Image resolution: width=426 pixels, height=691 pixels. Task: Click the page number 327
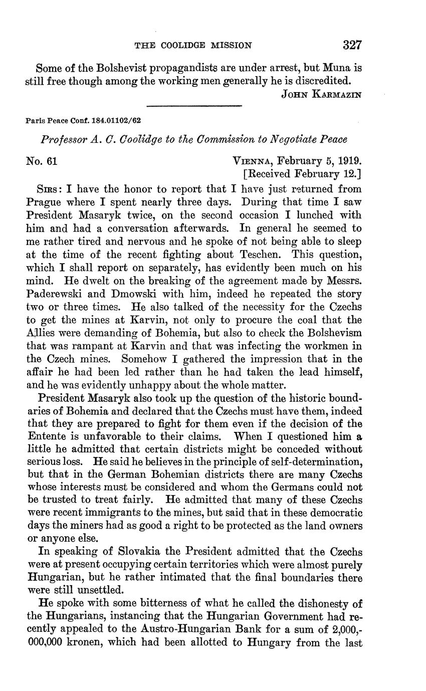click(x=352, y=45)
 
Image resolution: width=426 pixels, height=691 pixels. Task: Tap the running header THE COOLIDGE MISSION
click(x=193, y=46)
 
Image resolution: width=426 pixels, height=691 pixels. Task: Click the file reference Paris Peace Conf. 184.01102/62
click(x=83, y=121)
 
